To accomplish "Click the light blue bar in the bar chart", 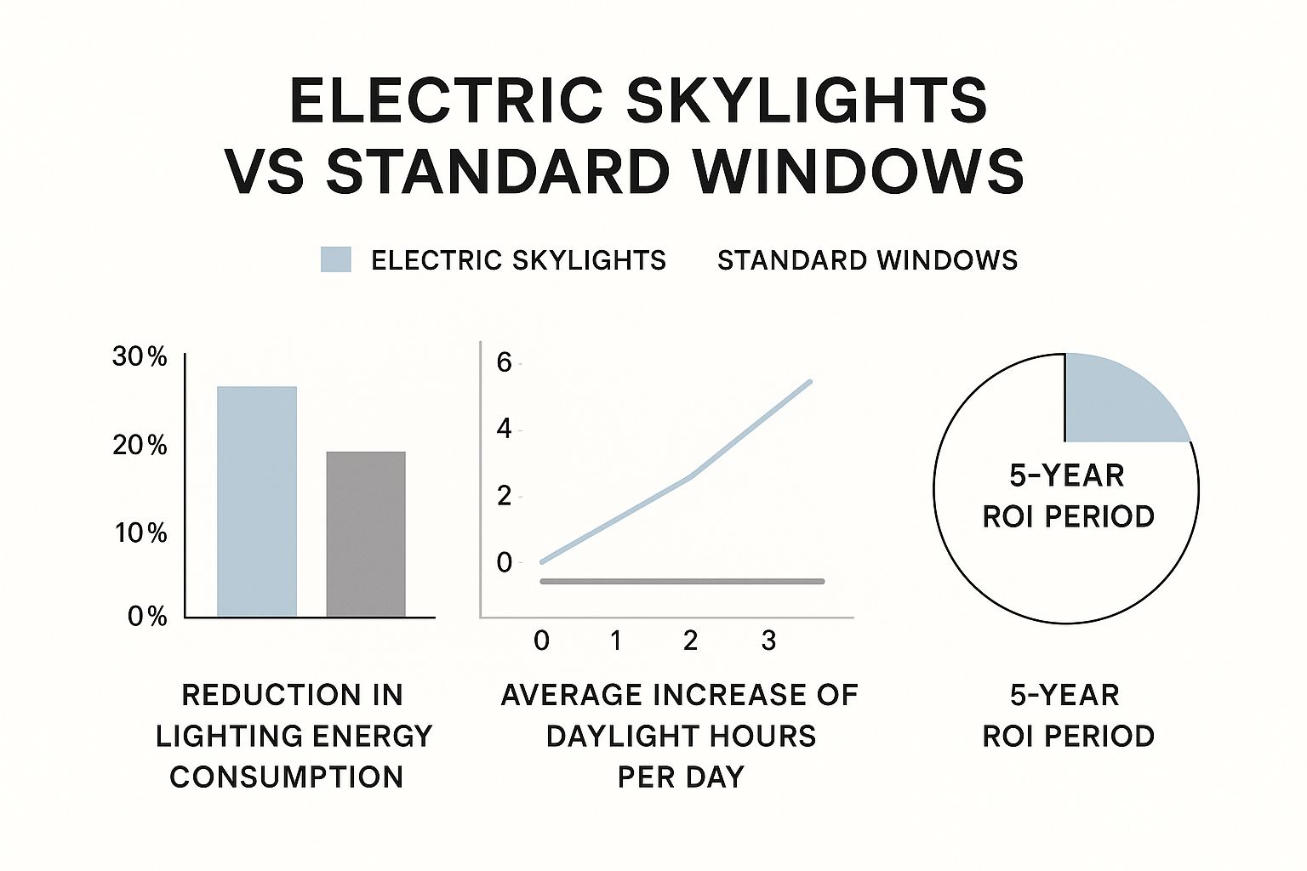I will [x=257, y=501].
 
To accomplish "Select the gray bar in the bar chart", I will [x=366, y=533].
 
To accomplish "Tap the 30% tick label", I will [x=140, y=357].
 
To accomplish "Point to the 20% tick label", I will [x=140, y=445].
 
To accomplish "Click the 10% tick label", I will [x=140, y=533].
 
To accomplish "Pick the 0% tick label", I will [x=146, y=616].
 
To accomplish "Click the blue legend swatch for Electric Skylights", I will [x=335, y=259].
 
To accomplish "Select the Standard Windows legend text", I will [x=867, y=260].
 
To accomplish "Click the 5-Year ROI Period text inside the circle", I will [x=1068, y=496].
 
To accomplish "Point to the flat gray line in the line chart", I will [x=681, y=581].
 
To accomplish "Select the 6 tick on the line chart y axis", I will [x=504, y=363].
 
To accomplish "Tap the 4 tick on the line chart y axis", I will [x=504, y=429].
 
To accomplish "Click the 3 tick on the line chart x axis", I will [x=768, y=640].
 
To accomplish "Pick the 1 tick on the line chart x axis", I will [x=616, y=640].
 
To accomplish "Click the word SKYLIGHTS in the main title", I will [x=807, y=100].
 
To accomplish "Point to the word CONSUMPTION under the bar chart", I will [x=286, y=777].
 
